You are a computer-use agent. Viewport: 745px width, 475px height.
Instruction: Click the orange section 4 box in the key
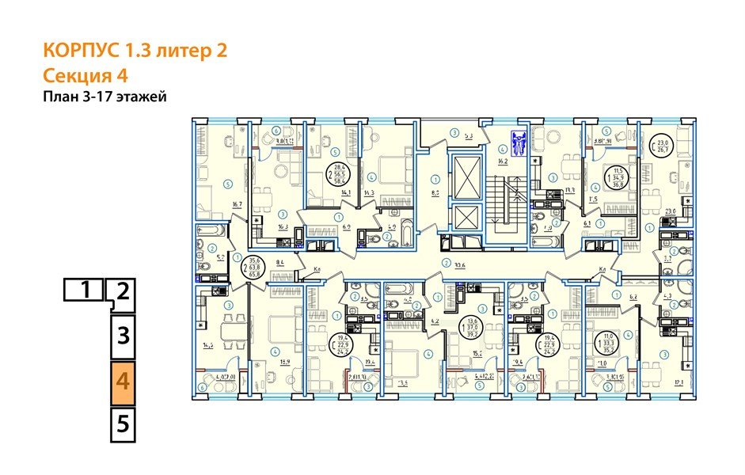[x=123, y=381]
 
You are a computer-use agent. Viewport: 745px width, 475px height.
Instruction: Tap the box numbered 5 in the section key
[x=123, y=424]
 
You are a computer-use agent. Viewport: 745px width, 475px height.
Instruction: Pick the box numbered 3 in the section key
[x=123, y=336]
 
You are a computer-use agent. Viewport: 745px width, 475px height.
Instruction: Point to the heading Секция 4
[x=85, y=75]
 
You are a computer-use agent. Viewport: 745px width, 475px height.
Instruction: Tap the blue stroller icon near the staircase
[x=519, y=142]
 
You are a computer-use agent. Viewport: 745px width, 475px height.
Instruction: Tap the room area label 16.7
[x=236, y=203]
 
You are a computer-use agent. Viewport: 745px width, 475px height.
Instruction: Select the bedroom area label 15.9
[x=284, y=363]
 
